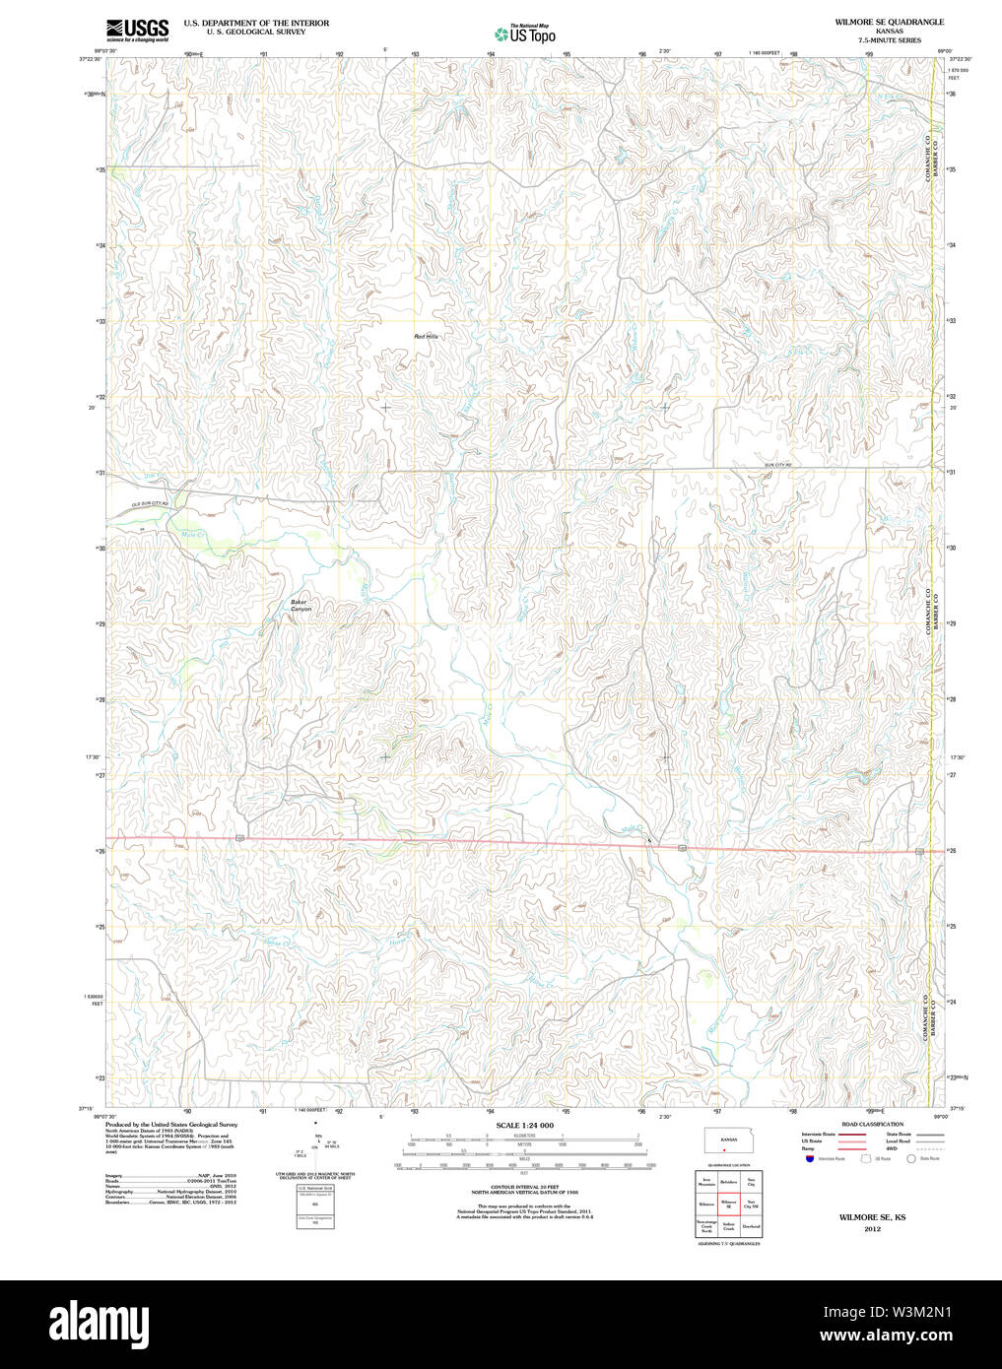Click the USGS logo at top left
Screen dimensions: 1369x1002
(137, 30)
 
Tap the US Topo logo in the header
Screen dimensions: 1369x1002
(525, 33)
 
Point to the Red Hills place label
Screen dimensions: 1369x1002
(426, 337)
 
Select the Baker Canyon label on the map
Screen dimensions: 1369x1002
(301, 606)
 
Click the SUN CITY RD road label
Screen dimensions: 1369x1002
(777, 464)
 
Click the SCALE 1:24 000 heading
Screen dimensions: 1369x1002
(524, 1125)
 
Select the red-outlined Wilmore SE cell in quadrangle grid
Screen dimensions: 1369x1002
(728, 1204)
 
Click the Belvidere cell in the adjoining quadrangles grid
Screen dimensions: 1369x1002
(728, 1181)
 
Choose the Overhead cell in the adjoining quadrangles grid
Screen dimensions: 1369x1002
(751, 1227)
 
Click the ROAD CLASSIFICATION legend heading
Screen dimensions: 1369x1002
(872, 1124)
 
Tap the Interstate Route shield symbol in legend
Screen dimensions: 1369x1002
(809, 1159)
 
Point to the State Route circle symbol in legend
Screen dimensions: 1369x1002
(910, 1159)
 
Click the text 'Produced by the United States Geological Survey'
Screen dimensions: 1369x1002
(171, 1124)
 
